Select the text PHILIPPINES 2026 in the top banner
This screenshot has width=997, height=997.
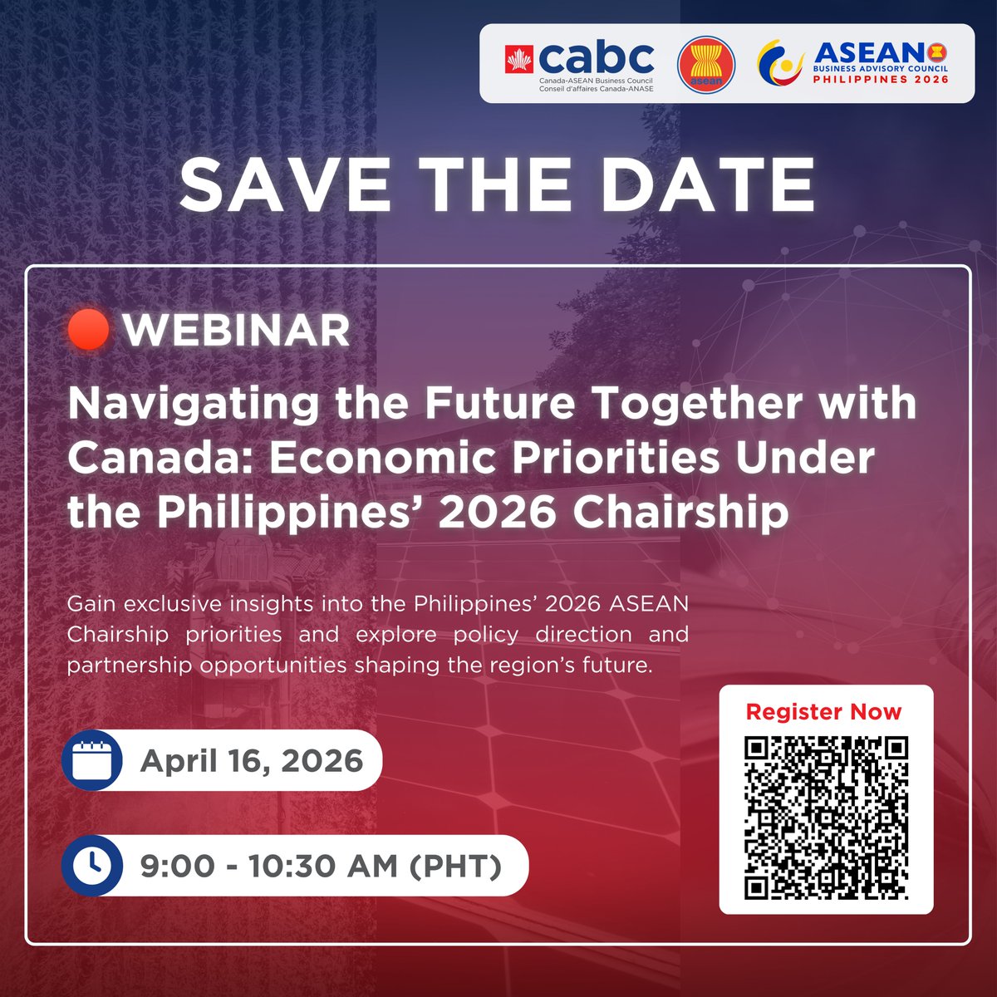click(880, 80)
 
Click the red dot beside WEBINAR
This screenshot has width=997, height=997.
click(90, 330)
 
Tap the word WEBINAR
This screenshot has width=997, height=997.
click(237, 331)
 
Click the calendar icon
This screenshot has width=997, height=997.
click(92, 760)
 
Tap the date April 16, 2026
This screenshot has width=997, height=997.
click(252, 761)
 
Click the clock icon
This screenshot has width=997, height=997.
click(92, 866)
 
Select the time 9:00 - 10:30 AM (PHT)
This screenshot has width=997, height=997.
click(321, 867)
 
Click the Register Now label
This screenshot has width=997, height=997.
click(823, 712)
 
